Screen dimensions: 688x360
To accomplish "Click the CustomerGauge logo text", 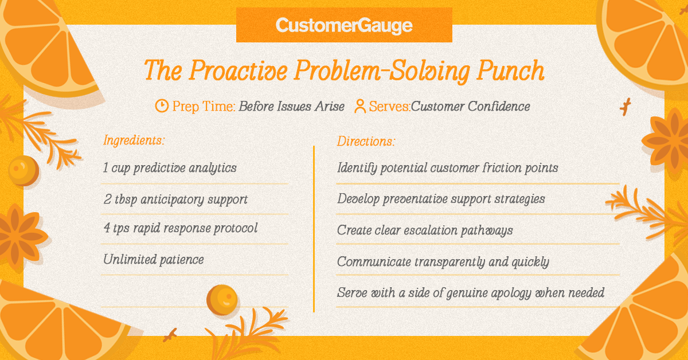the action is click(344, 26).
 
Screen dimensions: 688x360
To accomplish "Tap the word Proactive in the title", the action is click(239, 71).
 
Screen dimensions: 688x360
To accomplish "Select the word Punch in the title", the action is click(510, 71).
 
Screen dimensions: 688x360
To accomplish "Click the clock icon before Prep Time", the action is click(162, 106).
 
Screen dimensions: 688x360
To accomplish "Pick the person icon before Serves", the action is click(360, 106).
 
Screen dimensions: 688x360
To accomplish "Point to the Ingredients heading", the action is click(134, 140).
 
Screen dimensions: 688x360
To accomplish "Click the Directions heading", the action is click(366, 141).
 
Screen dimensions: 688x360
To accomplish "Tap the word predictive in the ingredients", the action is click(159, 169).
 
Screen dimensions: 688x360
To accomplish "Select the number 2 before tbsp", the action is click(107, 199).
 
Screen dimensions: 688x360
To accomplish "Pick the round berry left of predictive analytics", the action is click(24, 170).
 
